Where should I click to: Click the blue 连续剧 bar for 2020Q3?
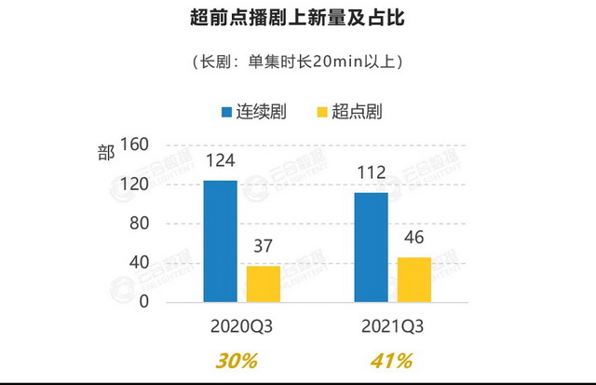221,241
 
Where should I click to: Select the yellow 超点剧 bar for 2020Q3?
264,283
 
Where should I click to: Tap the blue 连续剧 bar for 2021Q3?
371,246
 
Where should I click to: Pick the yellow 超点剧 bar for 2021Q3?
414,279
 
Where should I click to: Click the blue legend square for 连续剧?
226,113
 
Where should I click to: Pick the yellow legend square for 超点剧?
323,113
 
